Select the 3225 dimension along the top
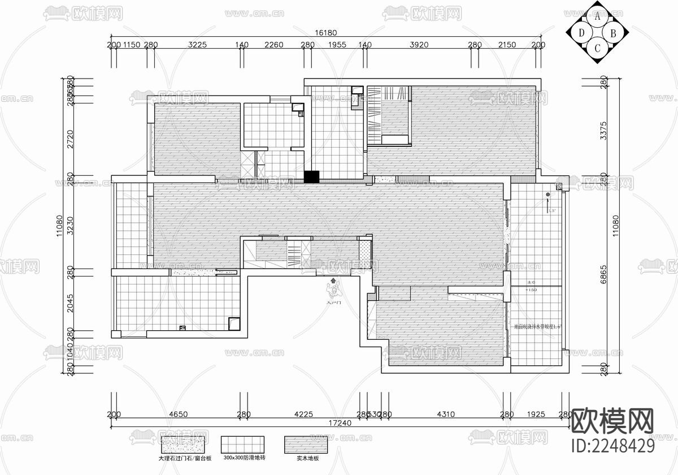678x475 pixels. click(198, 45)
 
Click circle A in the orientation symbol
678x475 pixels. click(597, 16)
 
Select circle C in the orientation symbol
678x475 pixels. click(597, 47)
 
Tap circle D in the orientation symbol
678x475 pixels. click(582, 32)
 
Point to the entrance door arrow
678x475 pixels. click(333, 280)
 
